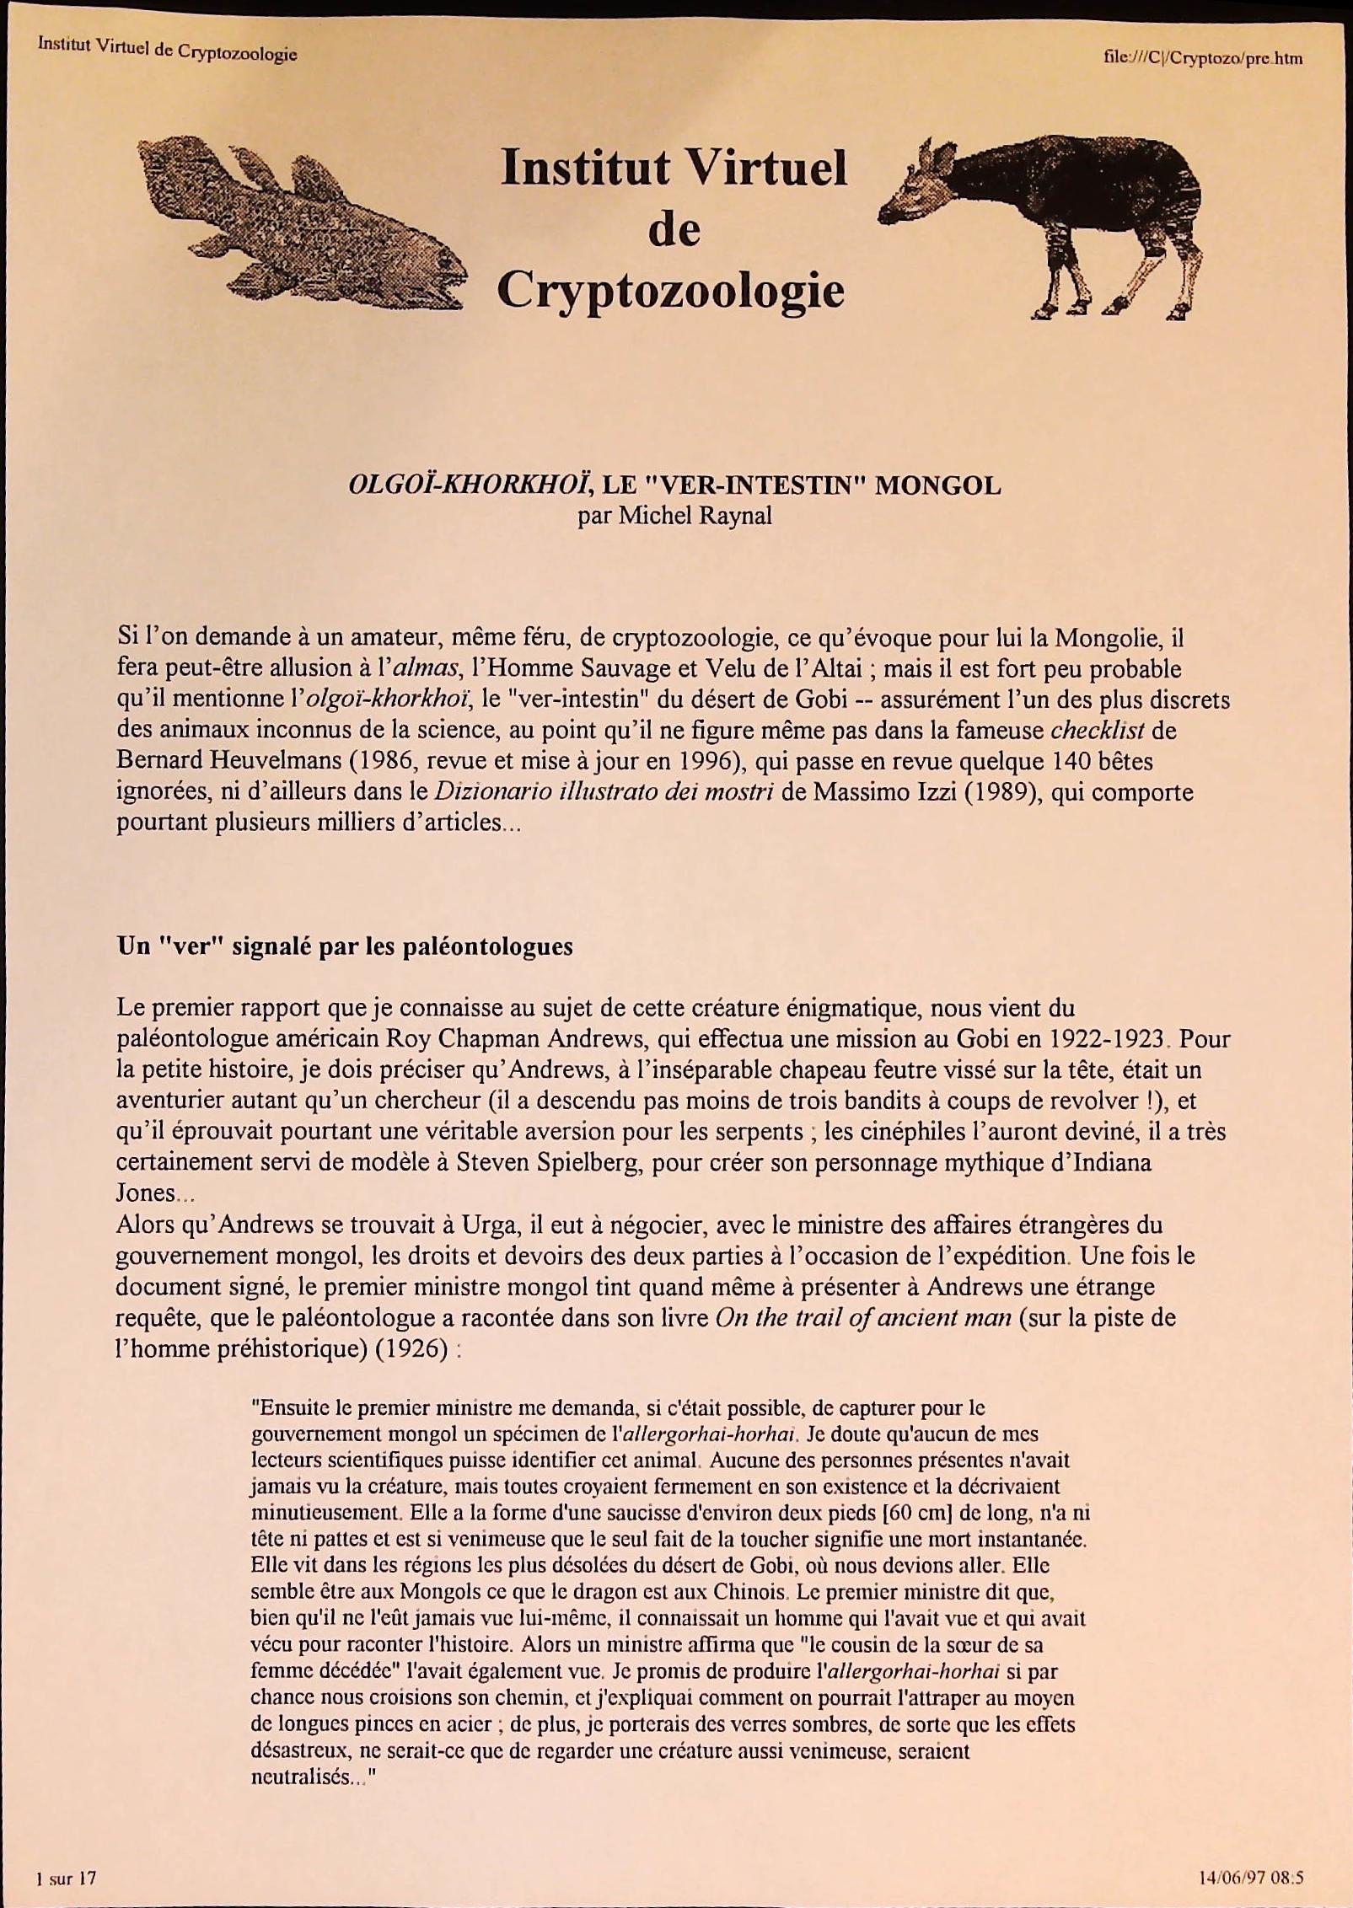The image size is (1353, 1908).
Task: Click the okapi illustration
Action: tap(1045, 221)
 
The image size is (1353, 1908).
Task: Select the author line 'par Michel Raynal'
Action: tap(674, 516)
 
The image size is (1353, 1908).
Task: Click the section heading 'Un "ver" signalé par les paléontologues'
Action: tap(345, 946)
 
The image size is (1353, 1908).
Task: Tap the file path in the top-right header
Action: tap(1202, 58)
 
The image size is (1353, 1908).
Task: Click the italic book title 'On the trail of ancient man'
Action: tap(862, 1317)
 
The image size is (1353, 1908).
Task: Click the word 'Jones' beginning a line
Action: tap(145, 1193)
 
